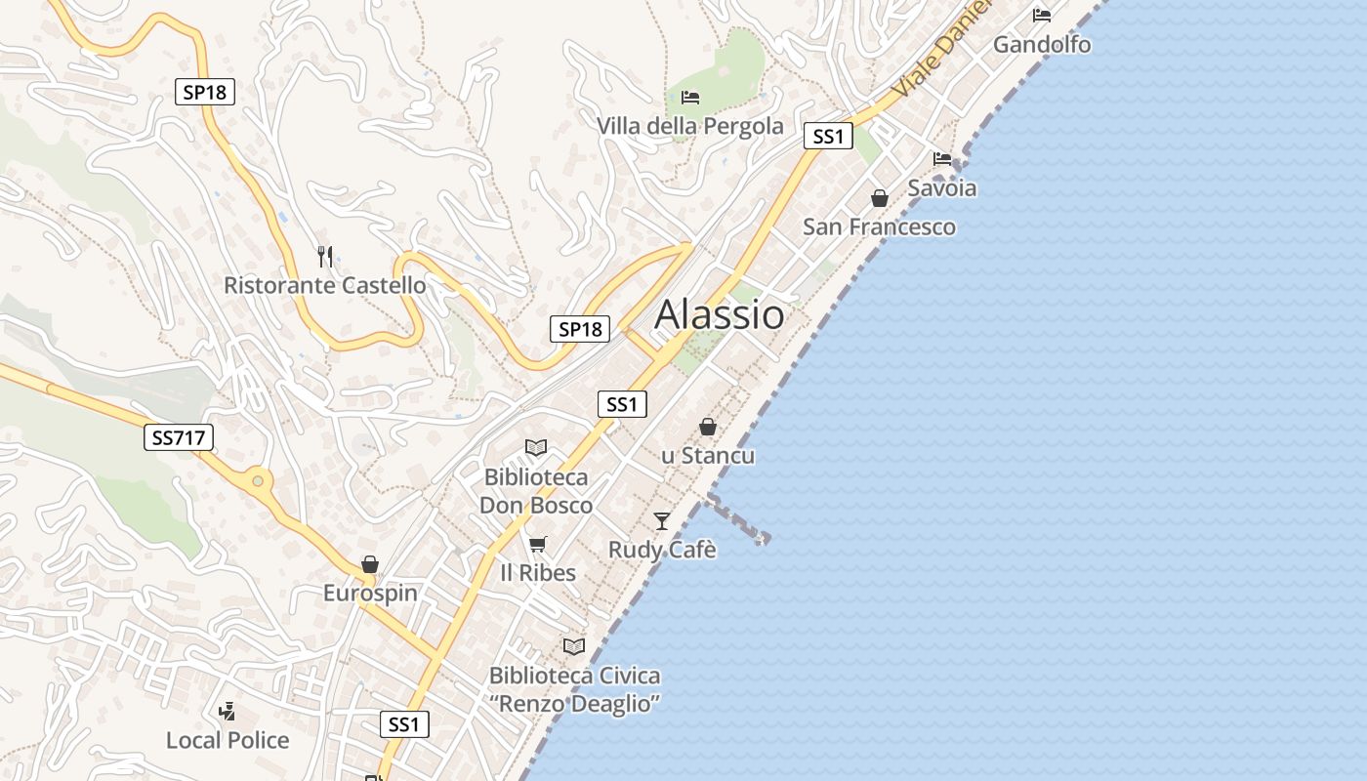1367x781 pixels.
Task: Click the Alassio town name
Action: tap(719, 314)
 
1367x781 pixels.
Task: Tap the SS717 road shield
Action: tap(179, 437)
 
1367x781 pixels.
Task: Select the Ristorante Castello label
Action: tap(325, 285)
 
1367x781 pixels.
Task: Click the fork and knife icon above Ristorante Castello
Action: tap(325, 257)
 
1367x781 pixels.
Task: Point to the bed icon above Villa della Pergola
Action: tap(690, 97)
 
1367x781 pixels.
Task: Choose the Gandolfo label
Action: tap(1042, 44)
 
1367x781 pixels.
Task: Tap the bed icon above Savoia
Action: tap(942, 158)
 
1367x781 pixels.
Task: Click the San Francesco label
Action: tap(879, 226)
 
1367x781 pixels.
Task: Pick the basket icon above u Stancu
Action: tap(708, 427)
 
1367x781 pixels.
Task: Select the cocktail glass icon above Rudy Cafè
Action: tap(662, 520)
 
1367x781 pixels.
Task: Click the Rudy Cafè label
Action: tap(662, 550)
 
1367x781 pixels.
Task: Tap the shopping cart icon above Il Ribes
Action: tap(538, 544)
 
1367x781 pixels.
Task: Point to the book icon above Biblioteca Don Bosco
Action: tap(536, 447)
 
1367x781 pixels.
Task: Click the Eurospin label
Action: tap(370, 593)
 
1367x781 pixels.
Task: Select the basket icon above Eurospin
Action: tap(370, 564)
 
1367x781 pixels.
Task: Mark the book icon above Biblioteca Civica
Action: tap(574, 646)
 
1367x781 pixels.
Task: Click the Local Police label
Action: tap(228, 740)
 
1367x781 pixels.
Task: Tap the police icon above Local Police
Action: tap(228, 711)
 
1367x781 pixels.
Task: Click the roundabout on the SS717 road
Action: tap(258, 479)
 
